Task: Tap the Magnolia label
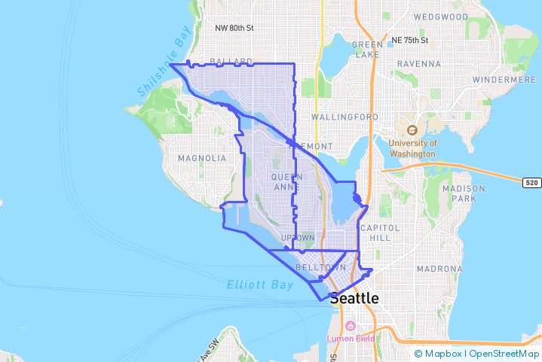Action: [x=201, y=158]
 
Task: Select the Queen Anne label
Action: [x=286, y=182]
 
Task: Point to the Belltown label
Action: [x=321, y=267]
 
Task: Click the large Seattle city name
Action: [x=354, y=297]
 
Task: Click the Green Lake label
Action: [x=367, y=49]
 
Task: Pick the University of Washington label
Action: [x=412, y=148]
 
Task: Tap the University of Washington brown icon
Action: [x=412, y=129]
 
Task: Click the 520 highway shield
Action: [x=532, y=181]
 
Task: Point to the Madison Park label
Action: [x=460, y=193]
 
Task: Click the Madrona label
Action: [x=438, y=269]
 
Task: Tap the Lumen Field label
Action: [x=351, y=338]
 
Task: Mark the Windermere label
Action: [x=504, y=79]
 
